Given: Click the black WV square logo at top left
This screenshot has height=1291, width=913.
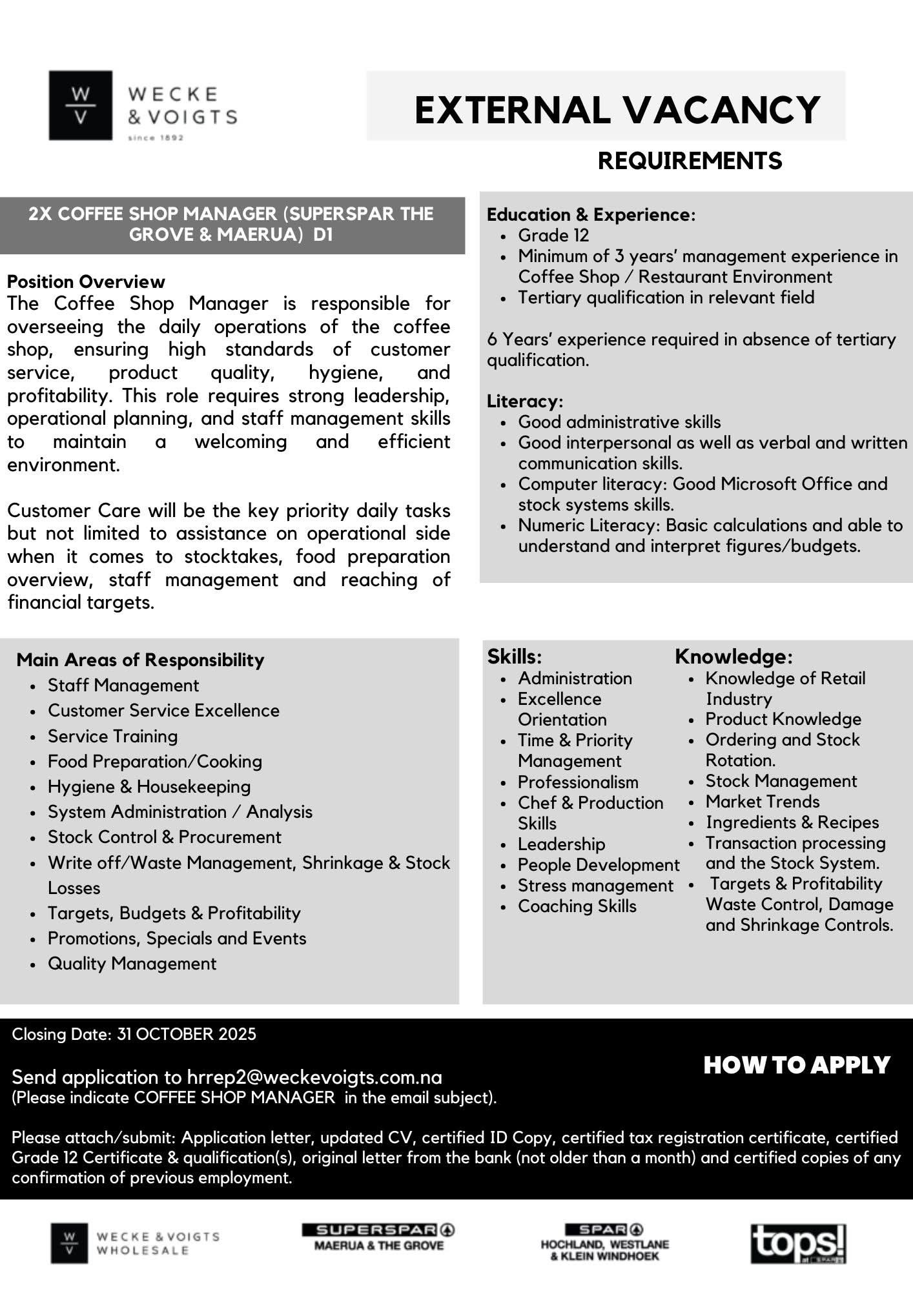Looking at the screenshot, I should tap(80, 105).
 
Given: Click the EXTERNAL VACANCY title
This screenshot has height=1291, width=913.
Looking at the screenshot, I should tap(617, 109).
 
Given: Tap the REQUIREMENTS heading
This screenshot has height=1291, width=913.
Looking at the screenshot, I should tap(690, 160).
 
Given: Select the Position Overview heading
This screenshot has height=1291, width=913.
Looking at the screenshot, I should tap(86, 281).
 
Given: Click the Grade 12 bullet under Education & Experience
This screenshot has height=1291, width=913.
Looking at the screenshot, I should tap(553, 235).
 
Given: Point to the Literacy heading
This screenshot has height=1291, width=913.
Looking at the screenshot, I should tap(524, 401).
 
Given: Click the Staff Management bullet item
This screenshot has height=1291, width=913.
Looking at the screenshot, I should tap(123, 685).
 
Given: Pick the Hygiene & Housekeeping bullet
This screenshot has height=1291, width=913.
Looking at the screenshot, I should tap(149, 786).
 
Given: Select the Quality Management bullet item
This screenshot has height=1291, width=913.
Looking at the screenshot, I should tap(132, 963).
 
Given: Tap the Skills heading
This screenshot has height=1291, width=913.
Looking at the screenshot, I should tap(514, 656).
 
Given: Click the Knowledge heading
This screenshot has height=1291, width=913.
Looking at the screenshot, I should tap(733, 656).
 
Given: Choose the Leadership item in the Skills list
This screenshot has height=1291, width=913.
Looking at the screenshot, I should tap(561, 844).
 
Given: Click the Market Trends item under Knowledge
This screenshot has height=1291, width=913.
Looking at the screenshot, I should tap(762, 801).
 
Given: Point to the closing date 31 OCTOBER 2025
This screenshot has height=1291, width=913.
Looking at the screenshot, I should tap(186, 1034).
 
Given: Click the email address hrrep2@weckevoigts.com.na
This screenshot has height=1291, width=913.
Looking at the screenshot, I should tap(314, 1077).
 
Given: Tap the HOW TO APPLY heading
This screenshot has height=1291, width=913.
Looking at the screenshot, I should tap(797, 1065).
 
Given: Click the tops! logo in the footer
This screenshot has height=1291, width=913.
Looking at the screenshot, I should tap(798, 1243).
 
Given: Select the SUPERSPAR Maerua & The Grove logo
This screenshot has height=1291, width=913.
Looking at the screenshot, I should tap(378, 1237).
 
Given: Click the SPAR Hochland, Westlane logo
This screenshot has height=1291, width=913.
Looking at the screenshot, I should tap(604, 1243).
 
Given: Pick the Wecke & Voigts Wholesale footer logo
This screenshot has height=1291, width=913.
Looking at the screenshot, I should tap(135, 1243).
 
